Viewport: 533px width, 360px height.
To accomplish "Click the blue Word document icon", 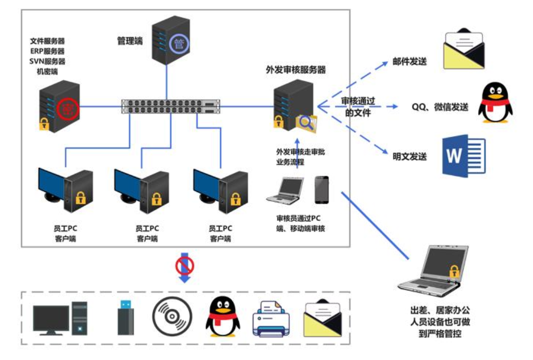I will pyautogui.click(x=463, y=155).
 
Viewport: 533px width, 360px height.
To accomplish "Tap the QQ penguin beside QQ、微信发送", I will pyautogui.click(x=495, y=102).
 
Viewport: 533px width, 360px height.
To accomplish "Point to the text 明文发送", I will pyautogui.click(x=410, y=157).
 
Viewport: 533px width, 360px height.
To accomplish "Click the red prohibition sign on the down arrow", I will pyautogui.click(x=185, y=265).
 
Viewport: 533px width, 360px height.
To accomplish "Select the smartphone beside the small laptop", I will pyautogui.click(x=322, y=190).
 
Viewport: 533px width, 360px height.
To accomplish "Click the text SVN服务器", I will pyautogui.click(x=47, y=61).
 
